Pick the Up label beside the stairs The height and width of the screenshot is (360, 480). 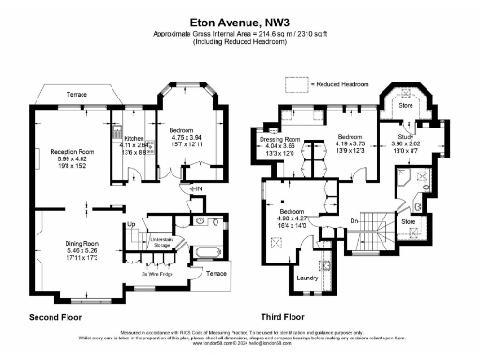tap(131, 225)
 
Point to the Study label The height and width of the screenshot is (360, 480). tap(393, 136)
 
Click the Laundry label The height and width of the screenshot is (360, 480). tap(307, 278)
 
